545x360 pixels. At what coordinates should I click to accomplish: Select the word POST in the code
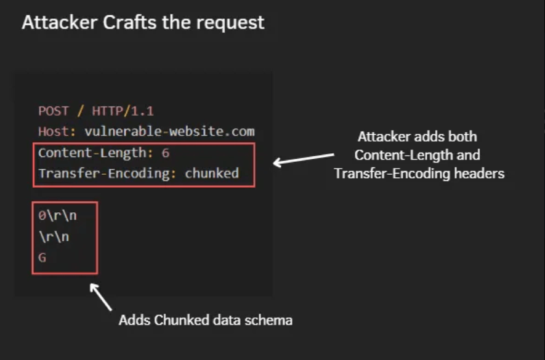tap(54, 111)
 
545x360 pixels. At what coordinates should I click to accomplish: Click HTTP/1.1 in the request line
tap(123, 111)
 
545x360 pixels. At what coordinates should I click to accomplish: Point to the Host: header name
tap(57, 131)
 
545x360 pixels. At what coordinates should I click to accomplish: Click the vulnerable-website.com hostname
tap(169, 131)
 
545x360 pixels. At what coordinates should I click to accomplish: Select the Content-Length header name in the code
tap(93, 153)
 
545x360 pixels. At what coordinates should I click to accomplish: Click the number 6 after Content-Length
tap(166, 153)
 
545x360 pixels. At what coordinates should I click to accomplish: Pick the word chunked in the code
tap(212, 174)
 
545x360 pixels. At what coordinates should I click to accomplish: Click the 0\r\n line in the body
tap(57, 216)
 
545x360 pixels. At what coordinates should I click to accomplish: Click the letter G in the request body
tap(42, 258)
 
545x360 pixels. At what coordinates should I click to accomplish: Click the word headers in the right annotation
tap(481, 174)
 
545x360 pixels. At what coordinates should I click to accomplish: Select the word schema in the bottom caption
tap(272, 320)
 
